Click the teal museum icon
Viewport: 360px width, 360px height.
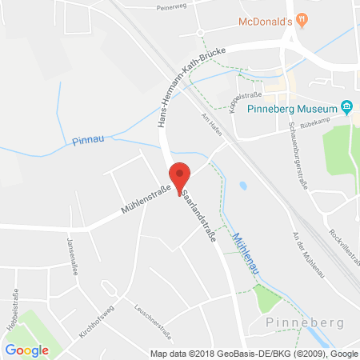[x=346, y=106]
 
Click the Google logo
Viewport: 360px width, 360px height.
[x=26, y=350]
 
